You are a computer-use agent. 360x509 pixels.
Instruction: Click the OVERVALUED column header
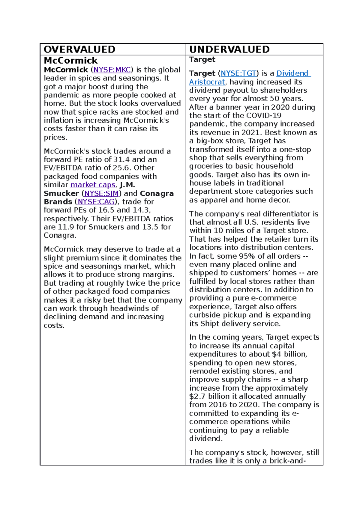coord(79,49)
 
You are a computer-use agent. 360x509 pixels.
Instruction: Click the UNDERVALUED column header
coord(229,49)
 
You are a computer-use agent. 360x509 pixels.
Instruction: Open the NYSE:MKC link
coord(112,70)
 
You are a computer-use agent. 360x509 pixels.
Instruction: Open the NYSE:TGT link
coord(238,73)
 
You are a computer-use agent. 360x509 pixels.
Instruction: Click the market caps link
coord(93,185)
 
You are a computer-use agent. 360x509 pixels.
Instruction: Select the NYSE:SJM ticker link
coord(101,194)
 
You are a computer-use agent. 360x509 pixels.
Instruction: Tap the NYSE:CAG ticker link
coord(96,202)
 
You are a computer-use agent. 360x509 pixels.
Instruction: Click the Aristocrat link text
coord(207,82)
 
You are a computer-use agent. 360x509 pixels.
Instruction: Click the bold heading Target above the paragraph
coord(202,59)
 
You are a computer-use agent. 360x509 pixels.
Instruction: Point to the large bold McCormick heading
coord(70,61)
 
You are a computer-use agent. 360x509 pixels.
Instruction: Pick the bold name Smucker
coord(61,194)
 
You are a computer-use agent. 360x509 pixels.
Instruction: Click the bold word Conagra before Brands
coord(157,194)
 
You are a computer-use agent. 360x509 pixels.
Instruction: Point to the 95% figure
coord(247,256)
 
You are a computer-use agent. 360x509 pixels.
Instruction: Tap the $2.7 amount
coord(197,397)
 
